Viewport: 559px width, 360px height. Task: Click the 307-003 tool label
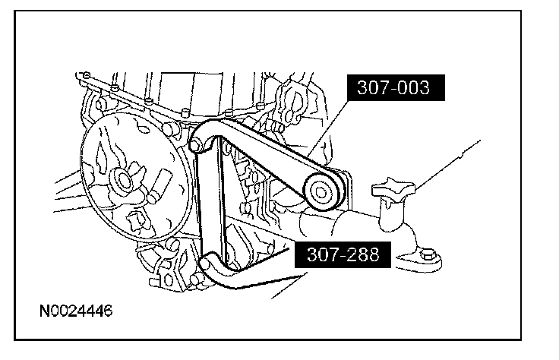396,88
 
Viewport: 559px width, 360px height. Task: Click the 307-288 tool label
346,256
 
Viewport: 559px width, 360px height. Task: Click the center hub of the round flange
122,182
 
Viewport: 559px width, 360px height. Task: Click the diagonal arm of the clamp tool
266,163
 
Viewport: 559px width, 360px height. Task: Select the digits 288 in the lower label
362,256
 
